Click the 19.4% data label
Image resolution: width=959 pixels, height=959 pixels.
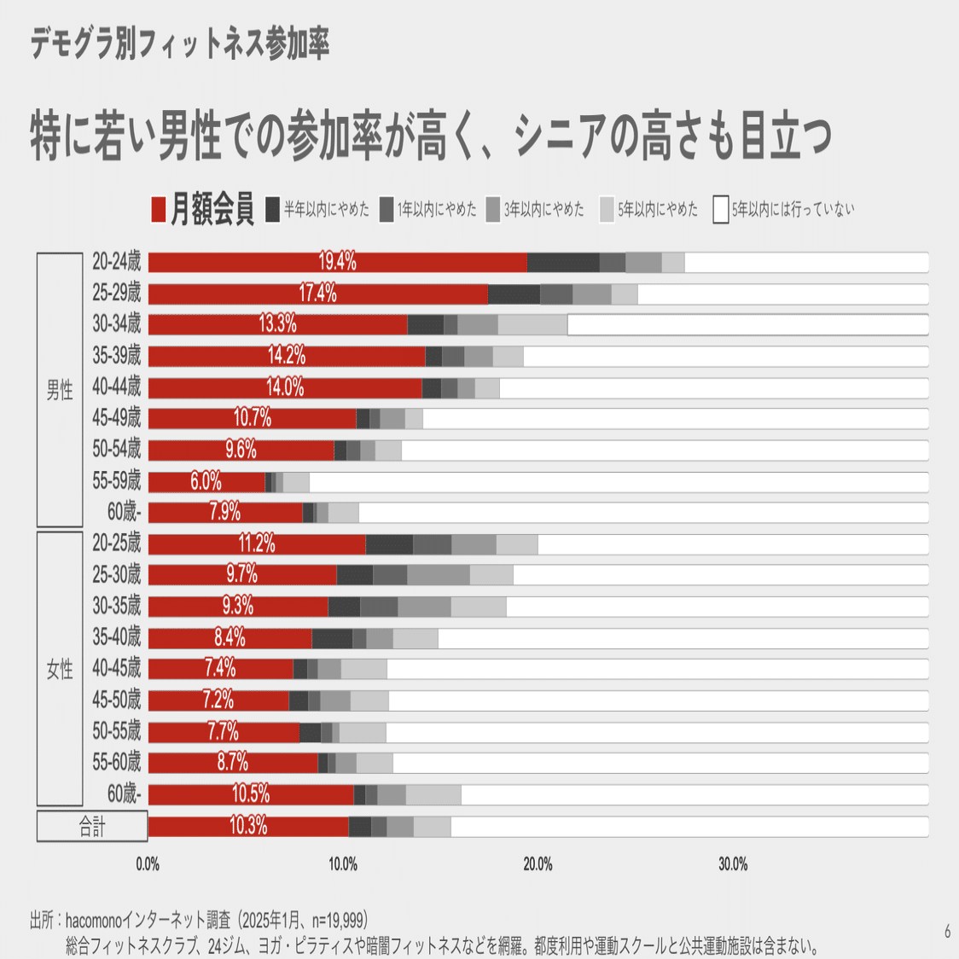click(x=338, y=262)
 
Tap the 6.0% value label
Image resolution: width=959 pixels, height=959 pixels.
click(x=206, y=481)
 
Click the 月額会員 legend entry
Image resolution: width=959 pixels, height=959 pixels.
click(x=202, y=209)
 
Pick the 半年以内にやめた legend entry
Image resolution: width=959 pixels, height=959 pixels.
click(x=317, y=209)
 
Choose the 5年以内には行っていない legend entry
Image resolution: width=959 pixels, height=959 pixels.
click(x=783, y=209)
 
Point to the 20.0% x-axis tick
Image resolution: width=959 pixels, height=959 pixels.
click(x=538, y=864)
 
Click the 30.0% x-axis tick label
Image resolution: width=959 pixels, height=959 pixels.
click(x=733, y=864)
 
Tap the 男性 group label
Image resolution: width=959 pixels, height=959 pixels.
click(x=60, y=391)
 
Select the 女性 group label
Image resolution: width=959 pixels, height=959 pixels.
click(x=60, y=670)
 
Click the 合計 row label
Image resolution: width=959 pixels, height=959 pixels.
click(x=92, y=826)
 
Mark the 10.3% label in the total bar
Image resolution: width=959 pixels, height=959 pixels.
click(x=248, y=826)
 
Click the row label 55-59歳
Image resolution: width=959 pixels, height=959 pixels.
click(x=117, y=481)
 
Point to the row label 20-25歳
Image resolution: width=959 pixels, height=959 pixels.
click(x=117, y=543)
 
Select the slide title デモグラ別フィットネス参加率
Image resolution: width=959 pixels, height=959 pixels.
click(x=180, y=45)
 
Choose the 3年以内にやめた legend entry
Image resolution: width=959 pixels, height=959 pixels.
click(x=535, y=209)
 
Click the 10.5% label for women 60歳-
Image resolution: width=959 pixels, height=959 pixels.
click(x=251, y=794)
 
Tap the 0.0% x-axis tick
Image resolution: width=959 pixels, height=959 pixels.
click(x=148, y=864)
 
